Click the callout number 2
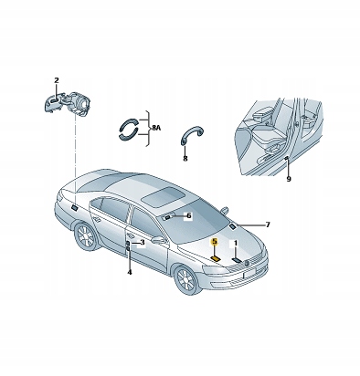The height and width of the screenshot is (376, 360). click(x=57, y=80)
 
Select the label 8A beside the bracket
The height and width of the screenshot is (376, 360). click(x=155, y=128)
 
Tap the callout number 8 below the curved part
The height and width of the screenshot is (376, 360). click(x=185, y=159)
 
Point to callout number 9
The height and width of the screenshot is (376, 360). click(x=289, y=179)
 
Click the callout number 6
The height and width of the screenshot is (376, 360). click(x=189, y=215)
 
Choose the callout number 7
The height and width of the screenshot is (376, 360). click(x=268, y=225)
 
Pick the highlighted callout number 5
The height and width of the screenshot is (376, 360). click(x=215, y=242)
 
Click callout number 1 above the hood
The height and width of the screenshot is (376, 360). click(x=235, y=244)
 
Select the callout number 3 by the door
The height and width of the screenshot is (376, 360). click(x=143, y=243)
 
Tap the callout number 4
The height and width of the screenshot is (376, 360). click(x=130, y=272)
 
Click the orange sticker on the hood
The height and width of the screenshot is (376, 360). click(x=217, y=259)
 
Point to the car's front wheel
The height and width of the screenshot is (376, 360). click(x=186, y=280)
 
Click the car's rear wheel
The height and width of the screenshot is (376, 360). click(x=86, y=237)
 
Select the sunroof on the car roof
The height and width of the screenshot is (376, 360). click(x=163, y=196)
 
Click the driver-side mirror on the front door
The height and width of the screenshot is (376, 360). click(x=159, y=240)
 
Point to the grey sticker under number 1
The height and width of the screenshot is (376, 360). click(x=237, y=260)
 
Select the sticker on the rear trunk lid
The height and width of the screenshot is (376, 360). click(x=73, y=207)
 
